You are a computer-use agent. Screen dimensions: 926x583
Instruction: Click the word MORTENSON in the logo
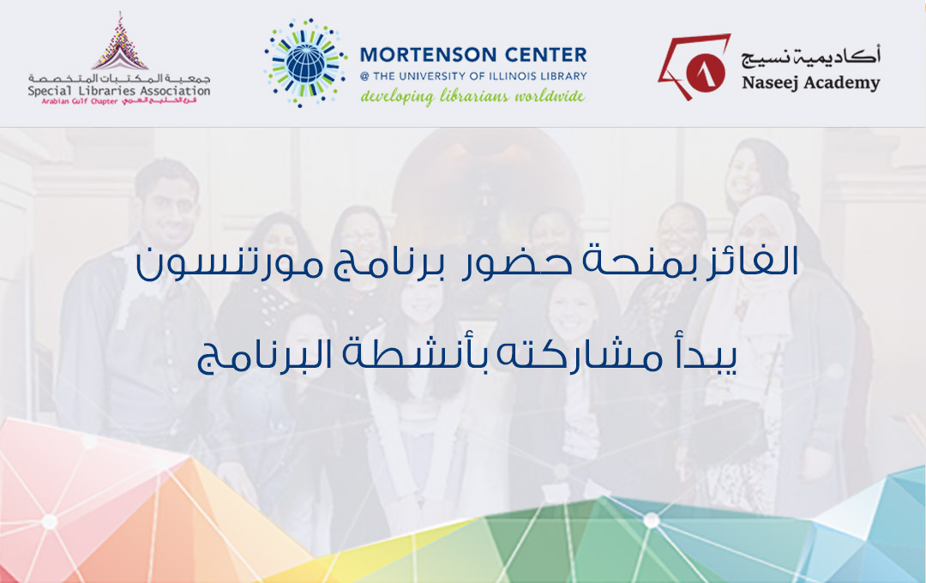click(428, 55)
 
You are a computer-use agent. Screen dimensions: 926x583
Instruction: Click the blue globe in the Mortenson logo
click(305, 62)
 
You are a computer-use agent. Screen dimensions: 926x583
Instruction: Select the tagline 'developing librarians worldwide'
click(473, 96)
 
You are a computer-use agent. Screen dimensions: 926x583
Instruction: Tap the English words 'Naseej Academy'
click(811, 82)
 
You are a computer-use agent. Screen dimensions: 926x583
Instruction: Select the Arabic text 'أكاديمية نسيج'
click(811, 56)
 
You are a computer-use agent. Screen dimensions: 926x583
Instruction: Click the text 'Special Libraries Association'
click(119, 91)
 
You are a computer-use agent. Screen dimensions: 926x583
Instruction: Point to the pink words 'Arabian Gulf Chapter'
click(80, 102)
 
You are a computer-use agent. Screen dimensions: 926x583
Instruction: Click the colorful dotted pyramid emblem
click(120, 41)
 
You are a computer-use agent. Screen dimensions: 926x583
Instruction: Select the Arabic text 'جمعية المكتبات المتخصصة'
click(119, 78)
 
